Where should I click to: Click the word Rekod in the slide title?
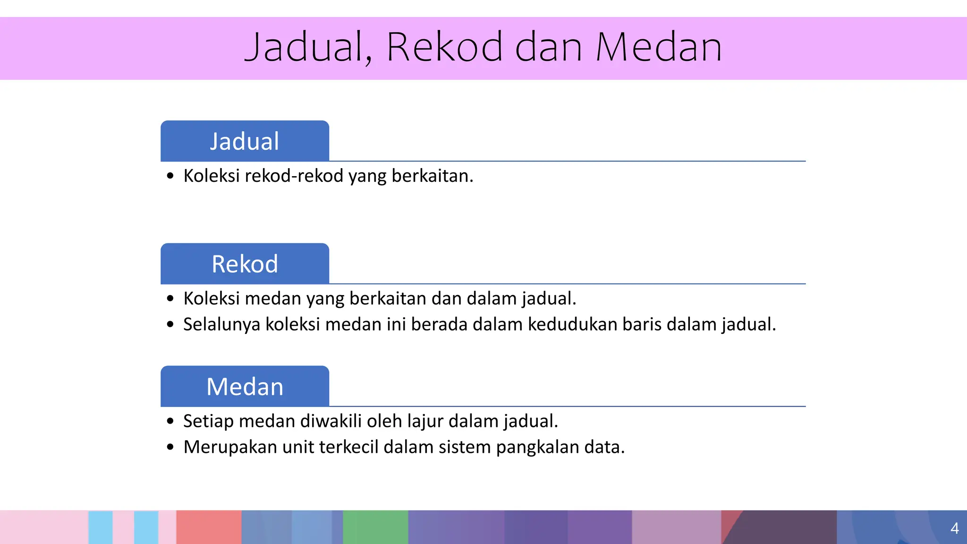[x=444, y=47]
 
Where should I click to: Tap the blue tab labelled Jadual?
[x=245, y=141]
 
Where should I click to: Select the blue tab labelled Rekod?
[x=245, y=264]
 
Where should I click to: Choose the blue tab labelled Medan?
[x=245, y=387]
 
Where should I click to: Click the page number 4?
[x=954, y=528]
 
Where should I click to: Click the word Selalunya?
[x=221, y=325]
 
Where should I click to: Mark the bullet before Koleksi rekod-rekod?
[x=170, y=177]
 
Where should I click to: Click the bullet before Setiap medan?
[x=170, y=421]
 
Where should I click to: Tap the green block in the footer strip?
[x=375, y=527]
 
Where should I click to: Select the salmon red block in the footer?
[x=209, y=527]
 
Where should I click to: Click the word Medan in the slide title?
[x=659, y=47]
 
